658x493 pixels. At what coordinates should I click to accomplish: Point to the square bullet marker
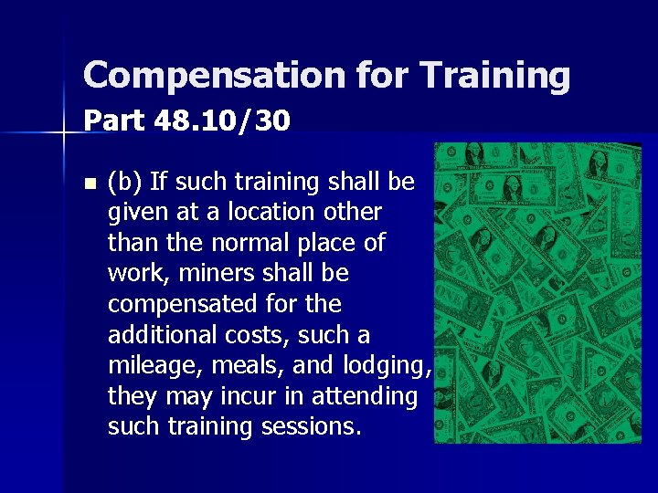(x=88, y=183)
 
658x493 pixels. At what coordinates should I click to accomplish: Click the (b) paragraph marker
(x=125, y=183)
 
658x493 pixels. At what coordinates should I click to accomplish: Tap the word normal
(x=244, y=244)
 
